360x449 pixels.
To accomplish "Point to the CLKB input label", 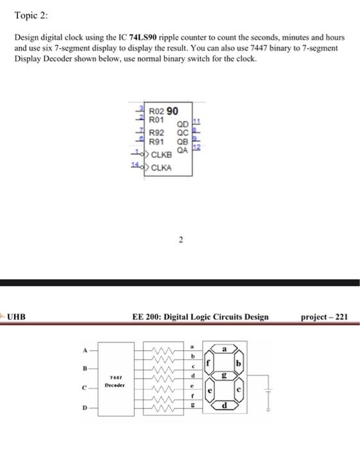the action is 163,155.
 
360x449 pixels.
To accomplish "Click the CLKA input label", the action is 163,167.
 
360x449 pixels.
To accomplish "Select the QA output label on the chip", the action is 182,149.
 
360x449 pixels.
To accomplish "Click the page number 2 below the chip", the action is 181,241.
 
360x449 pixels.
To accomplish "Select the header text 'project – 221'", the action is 324,316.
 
